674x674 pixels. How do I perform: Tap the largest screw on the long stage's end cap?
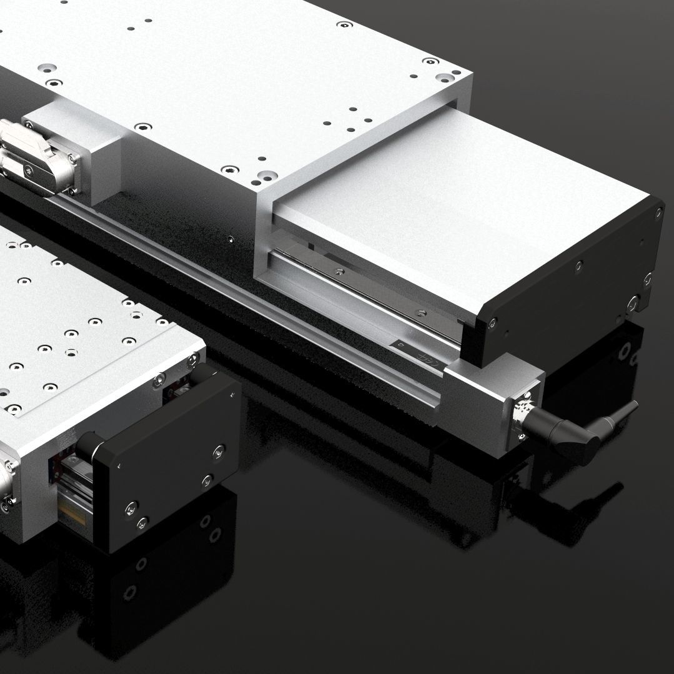633,304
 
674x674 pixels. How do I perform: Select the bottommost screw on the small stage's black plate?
142,521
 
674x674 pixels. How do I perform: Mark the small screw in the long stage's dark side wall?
232,238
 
